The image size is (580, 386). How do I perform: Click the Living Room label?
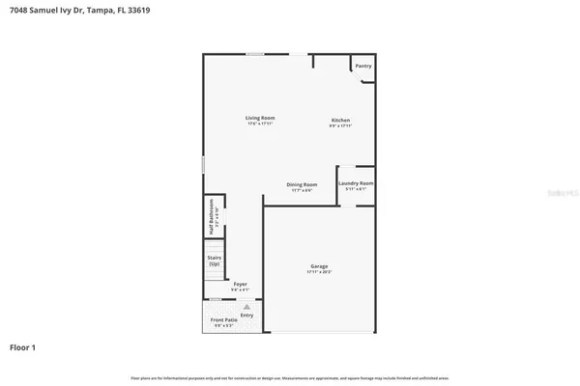pyautogui.click(x=258, y=118)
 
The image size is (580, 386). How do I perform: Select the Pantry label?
pyautogui.click(x=363, y=66)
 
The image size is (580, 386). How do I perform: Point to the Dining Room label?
pyautogui.click(x=302, y=183)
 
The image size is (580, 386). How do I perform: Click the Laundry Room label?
pyautogui.click(x=356, y=182)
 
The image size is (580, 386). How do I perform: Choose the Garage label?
pyautogui.click(x=319, y=265)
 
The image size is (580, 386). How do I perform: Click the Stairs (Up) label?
pyautogui.click(x=215, y=261)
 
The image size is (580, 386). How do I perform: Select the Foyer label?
pyautogui.click(x=240, y=284)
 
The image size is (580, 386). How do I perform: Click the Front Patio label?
pyautogui.click(x=222, y=319)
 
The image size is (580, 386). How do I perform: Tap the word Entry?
pyautogui.click(x=246, y=315)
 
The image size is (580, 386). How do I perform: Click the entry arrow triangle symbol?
pyautogui.click(x=246, y=305)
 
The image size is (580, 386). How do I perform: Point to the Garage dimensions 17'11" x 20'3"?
pyautogui.click(x=319, y=272)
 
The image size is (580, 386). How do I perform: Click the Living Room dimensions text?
pyautogui.click(x=258, y=124)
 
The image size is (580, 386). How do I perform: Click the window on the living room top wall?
pyautogui.click(x=255, y=54)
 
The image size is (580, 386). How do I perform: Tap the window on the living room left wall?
pyautogui.click(x=203, y=165)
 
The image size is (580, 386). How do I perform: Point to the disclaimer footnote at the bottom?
pyautogui.click(x=290, y=375)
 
